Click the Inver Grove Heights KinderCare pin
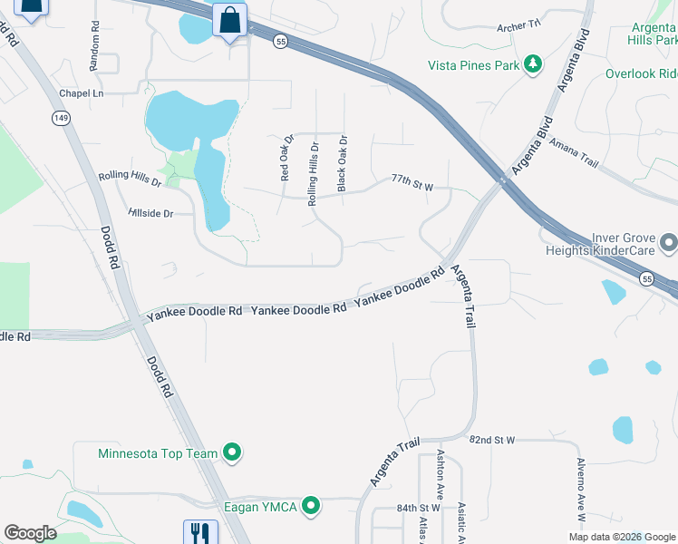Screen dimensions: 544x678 [669, 243]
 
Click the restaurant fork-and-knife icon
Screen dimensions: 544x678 [199, 532]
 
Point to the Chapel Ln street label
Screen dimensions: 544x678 [81, 93]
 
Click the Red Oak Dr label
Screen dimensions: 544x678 [286, 159]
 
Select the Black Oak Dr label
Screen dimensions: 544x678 [342, 163]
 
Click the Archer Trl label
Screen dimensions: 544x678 [518, 27]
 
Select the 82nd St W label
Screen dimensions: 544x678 [492, 439]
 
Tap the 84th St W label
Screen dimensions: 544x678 [418, 508]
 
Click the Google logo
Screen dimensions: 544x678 [30, 533]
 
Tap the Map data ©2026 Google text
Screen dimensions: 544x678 [621, 537]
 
